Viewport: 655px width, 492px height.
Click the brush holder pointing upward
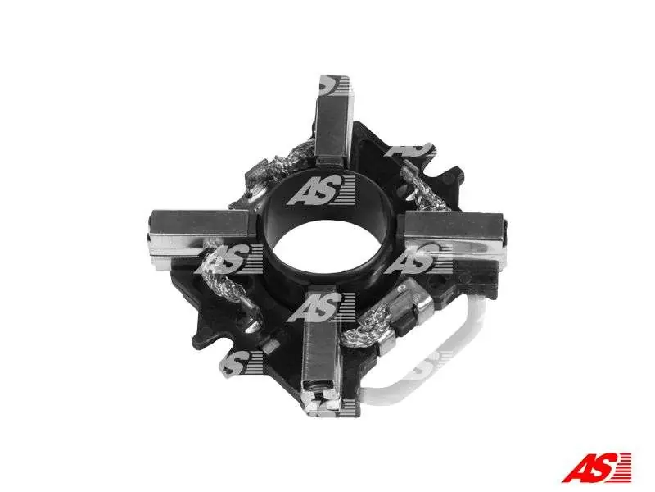[333, 121]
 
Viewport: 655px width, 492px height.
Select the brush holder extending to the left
[200, 239]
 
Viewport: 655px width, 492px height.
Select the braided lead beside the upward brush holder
[292, 160]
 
